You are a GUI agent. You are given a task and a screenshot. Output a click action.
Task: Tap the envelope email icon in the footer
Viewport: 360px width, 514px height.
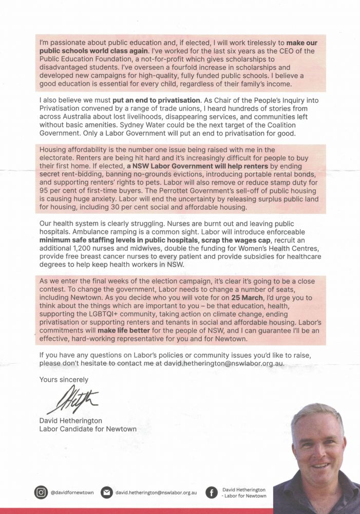(107, 492)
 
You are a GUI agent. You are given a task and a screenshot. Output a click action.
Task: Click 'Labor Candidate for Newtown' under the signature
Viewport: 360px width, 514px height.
(88, 429)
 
